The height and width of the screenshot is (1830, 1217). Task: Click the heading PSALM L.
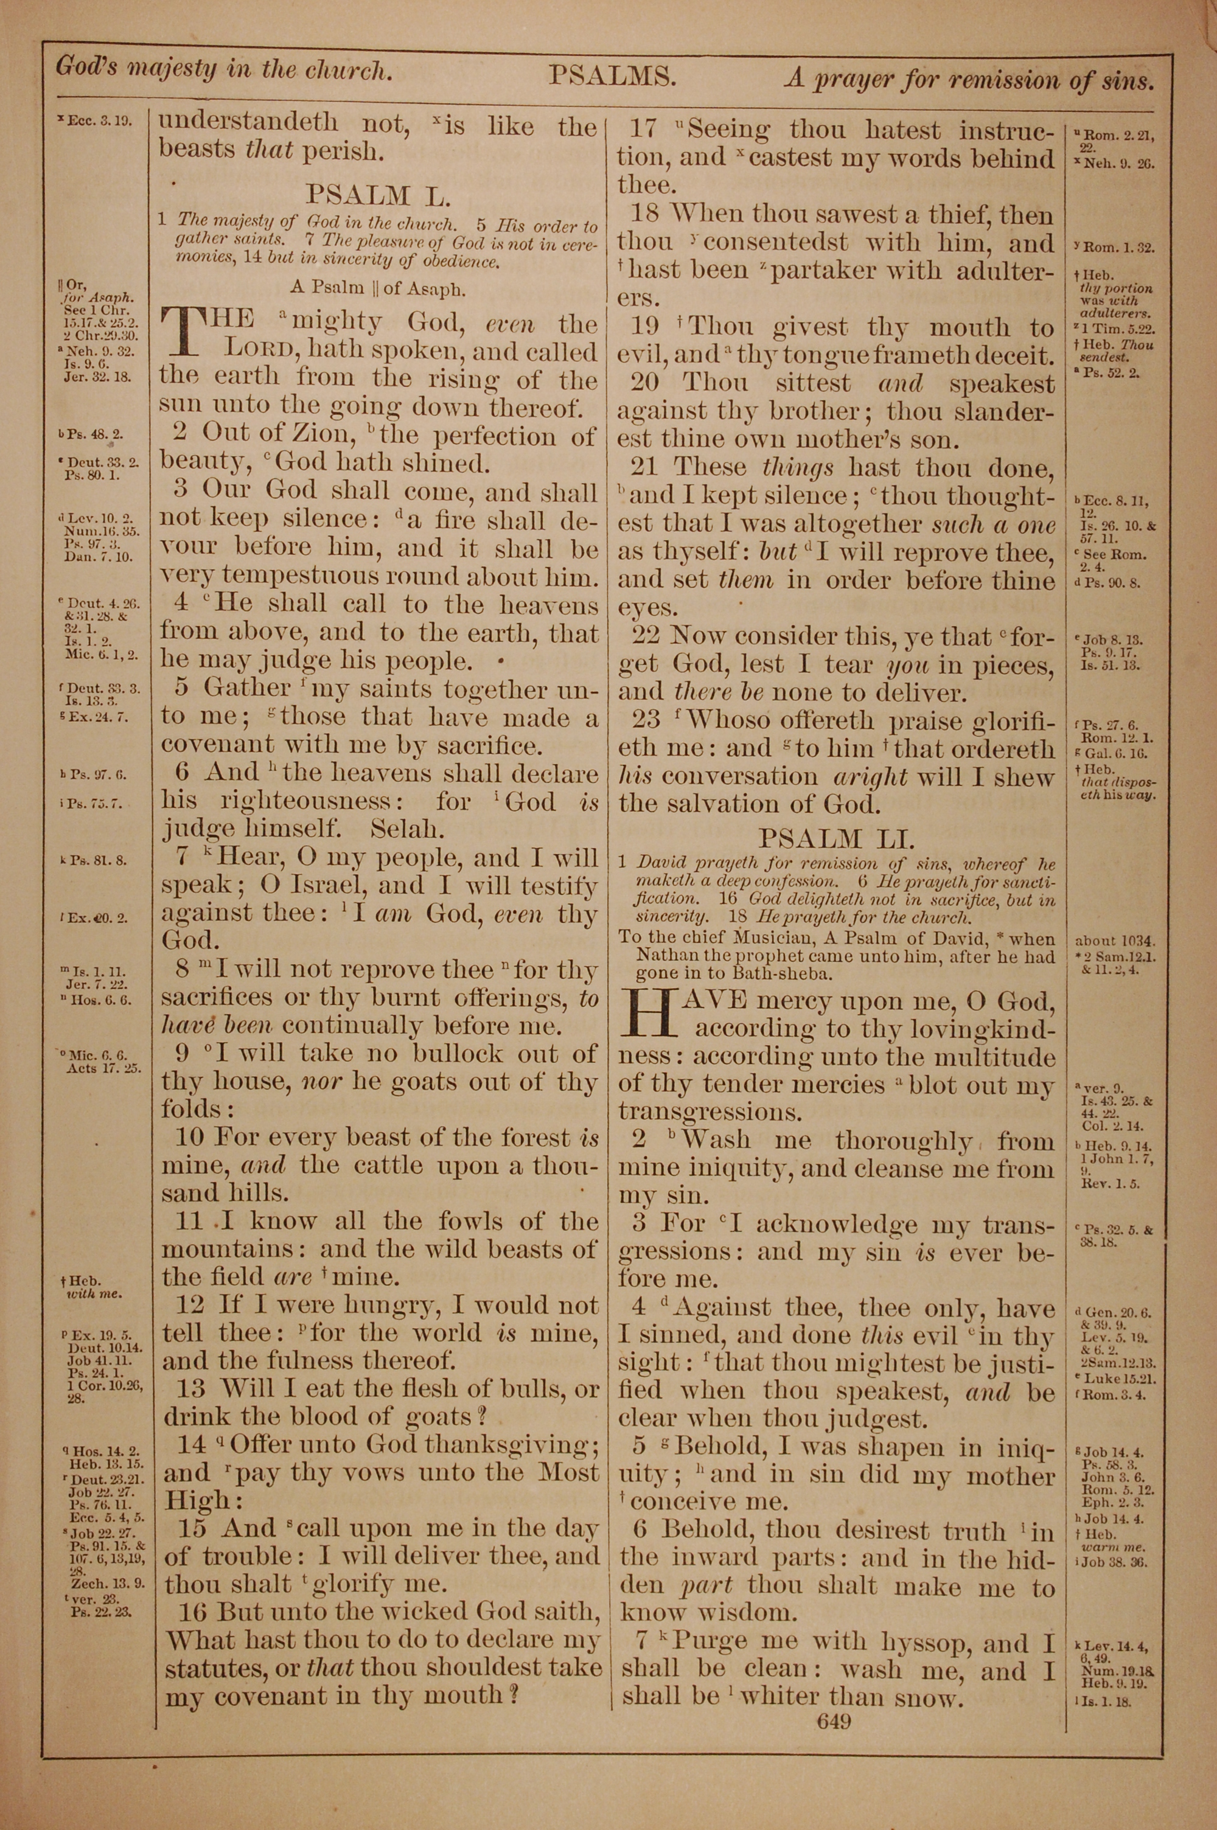377,194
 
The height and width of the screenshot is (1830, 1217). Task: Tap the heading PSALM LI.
837,838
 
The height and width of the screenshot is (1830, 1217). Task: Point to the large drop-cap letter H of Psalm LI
650,1014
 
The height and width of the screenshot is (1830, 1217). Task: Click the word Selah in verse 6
408,829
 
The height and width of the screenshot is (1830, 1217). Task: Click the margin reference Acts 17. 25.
104,1068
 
